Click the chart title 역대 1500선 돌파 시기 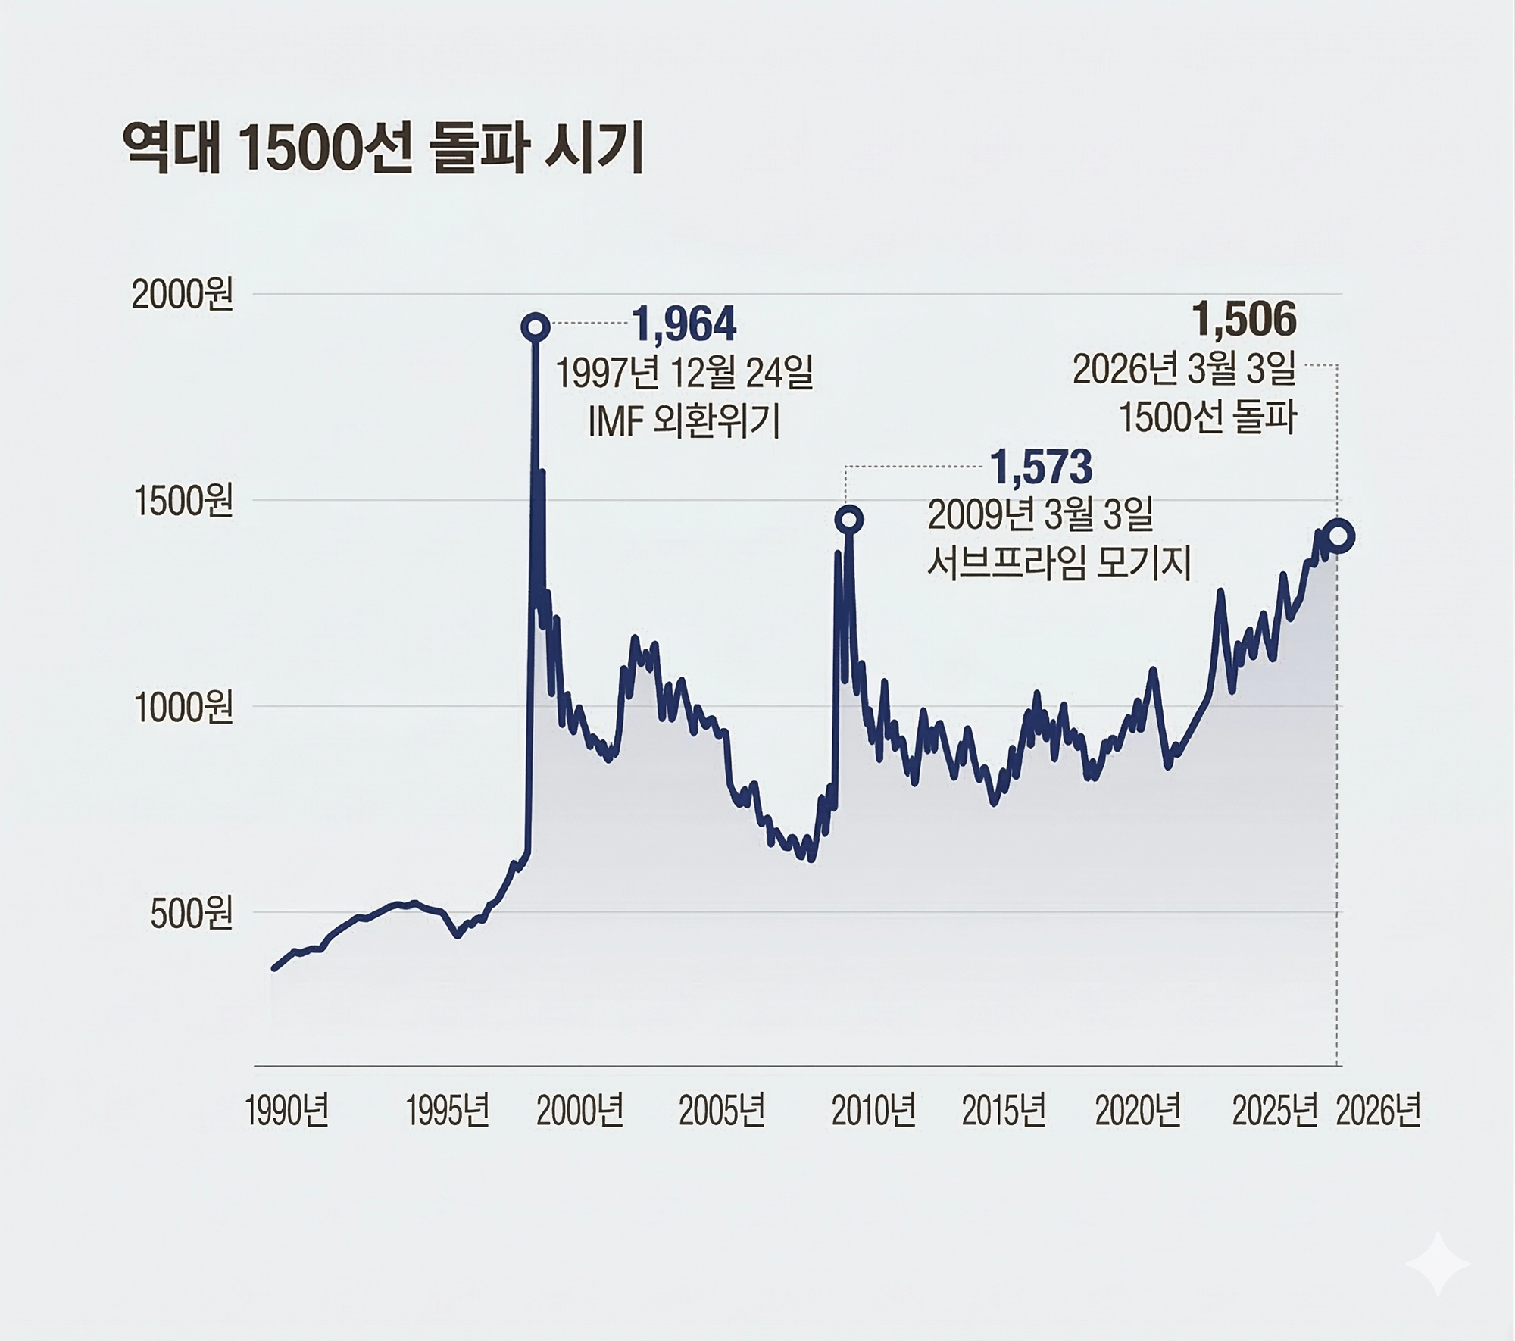tap(383, 149)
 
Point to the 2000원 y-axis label tap(183, 295)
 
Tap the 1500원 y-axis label tap(183, 502)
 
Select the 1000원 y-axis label tap(183, 708)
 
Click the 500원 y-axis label tap(191, 914)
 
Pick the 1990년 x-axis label tap(287, 1111)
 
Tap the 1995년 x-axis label tap(448, 1111)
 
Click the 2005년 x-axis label tap(721, 1111)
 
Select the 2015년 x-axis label tap(1004, 1111)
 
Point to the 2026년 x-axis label tap(1378, 1111)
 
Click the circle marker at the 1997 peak tap(536, 327)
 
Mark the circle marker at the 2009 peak tap(849, 520)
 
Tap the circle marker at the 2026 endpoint tap(1339, 536)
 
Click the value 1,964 tap(683, 325)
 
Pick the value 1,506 tap(1245, 319)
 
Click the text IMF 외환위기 tap(683, 423)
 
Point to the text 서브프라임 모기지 tap(1059, 564)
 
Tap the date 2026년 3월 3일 tap(1184, 370)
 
